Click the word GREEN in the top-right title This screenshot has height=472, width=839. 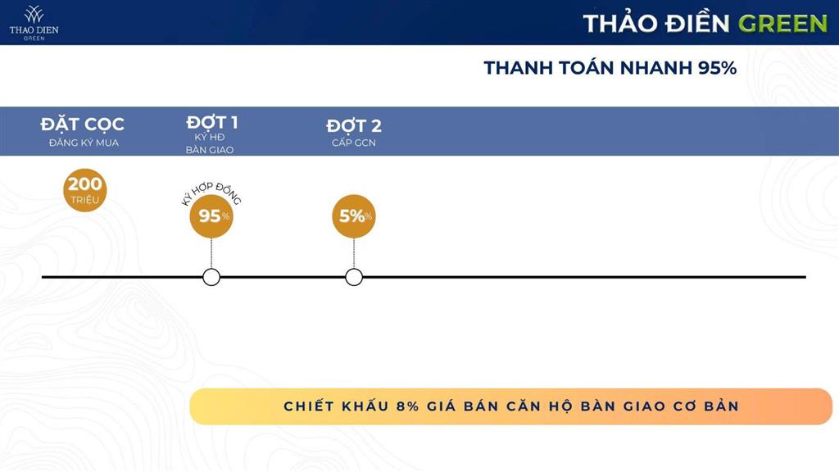point(782,23)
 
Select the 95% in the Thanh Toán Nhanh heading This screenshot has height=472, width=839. point(717,68)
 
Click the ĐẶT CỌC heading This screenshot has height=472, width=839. point(83,125)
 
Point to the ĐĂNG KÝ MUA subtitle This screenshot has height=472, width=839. point(83,143)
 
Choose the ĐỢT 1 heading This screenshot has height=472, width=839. point(211,123)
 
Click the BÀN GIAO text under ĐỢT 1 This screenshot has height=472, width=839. point(210,150)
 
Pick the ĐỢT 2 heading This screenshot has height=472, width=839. point(354,126)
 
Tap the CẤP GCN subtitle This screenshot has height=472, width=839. point(354,143)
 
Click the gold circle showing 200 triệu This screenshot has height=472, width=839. point(85,190)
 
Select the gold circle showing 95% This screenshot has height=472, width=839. point(212,216)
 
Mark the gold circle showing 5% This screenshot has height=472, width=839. point(354,216)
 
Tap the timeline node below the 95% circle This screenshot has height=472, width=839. point(211,277)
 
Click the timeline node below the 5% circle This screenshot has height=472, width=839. point(354,277)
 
